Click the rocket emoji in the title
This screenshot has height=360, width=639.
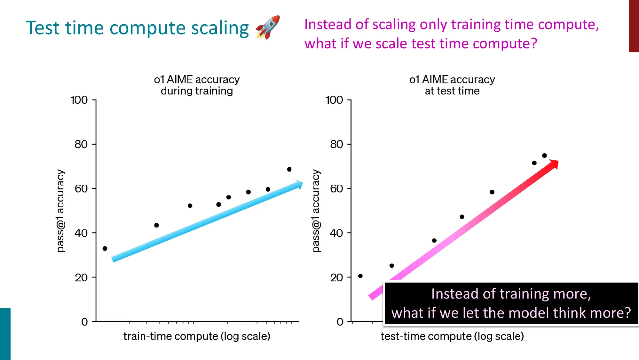(268, 27)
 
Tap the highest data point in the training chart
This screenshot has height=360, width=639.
(289, 169)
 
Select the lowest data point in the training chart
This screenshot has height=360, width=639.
(105, 248)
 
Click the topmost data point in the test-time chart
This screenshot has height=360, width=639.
(544, 156)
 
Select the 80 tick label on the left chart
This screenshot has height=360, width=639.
(81, 144)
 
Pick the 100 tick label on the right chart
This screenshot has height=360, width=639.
(334, 100)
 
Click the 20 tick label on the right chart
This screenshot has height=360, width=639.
(336, 277)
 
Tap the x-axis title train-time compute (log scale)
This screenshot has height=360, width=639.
(197, 336)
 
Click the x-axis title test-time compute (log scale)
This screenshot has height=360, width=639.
(452, 336)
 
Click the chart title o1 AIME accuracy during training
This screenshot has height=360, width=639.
(197, 85)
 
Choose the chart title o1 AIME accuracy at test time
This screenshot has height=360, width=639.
(452, 85)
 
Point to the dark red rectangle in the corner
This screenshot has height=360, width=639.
(634, 26)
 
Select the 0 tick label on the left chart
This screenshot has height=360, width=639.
(84, 322)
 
